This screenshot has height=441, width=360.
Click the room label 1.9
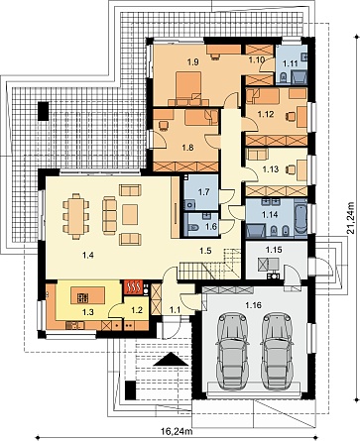(x=193, y=61)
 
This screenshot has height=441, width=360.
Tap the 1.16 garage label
(x=254, y=305)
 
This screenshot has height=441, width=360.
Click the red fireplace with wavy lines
(x=133, y=287)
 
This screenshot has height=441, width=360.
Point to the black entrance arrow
(x=171, y=359)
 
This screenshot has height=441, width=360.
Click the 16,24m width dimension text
(x=177, y=431)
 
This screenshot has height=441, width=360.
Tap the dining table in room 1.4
(x=76, y=216)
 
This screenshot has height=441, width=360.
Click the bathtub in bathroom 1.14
(x=300, y=218)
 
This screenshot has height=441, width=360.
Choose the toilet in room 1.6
(x=192, y=228)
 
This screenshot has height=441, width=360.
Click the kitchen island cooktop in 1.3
(x=82, y=298)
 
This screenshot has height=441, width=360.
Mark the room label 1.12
(x=266, y=114)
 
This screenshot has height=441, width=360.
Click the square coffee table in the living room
(x=130, y=214)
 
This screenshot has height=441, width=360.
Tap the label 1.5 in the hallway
(x=205, y=251)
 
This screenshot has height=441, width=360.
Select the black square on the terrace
(x=43, y=111)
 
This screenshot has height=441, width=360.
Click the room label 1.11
(x=292, y=64)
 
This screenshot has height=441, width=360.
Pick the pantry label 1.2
(x=137, y=310)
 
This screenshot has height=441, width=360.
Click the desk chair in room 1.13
(x=291, y=169)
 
